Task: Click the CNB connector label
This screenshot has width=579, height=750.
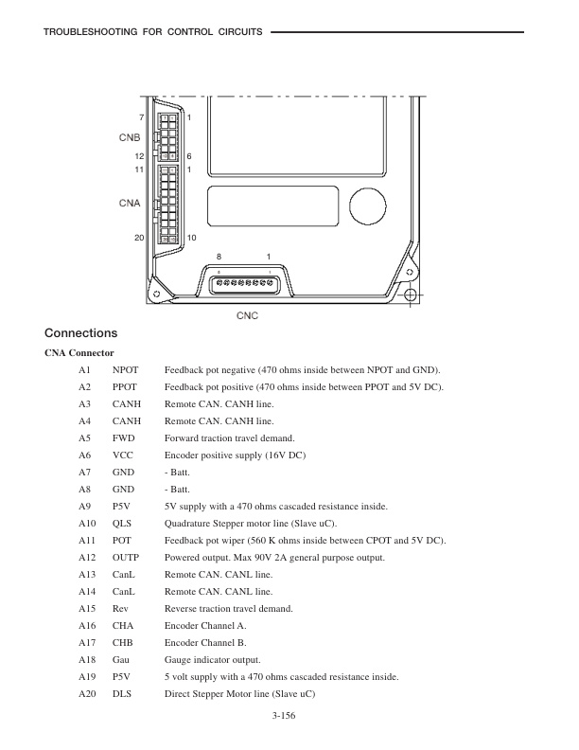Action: tap(130, 136)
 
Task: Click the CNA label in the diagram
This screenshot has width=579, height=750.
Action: tap(130, 203)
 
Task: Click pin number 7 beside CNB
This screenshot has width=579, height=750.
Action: tap(142, 116)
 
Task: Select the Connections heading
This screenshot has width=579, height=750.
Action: tap(80, 333)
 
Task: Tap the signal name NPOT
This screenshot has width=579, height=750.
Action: tap(125, 369)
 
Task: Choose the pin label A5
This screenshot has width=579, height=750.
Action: tap(84, 437)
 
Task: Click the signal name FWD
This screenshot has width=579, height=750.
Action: tap(123, 437)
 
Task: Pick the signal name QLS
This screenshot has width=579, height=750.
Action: tap(123, 523)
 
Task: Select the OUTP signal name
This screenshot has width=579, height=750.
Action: tap(125, 557)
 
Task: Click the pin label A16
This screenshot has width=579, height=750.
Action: tap(86, 625)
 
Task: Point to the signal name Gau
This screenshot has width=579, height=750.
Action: tap(121, 659)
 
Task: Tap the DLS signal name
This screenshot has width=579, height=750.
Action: tap(122, 693)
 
